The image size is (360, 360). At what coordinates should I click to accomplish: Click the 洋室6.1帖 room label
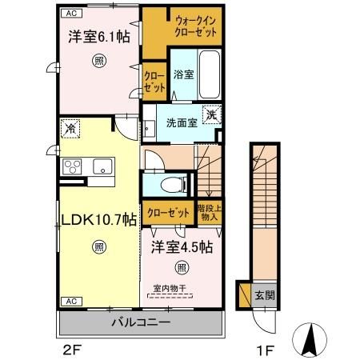pos(94,37)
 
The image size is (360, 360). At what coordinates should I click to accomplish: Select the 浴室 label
pos(183,74)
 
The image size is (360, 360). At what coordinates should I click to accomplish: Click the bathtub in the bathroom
pos(210,74)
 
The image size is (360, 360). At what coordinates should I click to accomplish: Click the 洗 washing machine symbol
pos(211,114)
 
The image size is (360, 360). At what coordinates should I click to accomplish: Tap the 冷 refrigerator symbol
pos(71,129)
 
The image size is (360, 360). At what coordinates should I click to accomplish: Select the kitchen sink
pos(102,166)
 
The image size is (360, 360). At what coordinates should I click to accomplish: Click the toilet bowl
pos(170,185)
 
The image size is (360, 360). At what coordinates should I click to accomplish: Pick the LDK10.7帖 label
pos(82,220)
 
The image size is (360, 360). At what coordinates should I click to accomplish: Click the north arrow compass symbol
pos(310,340)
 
